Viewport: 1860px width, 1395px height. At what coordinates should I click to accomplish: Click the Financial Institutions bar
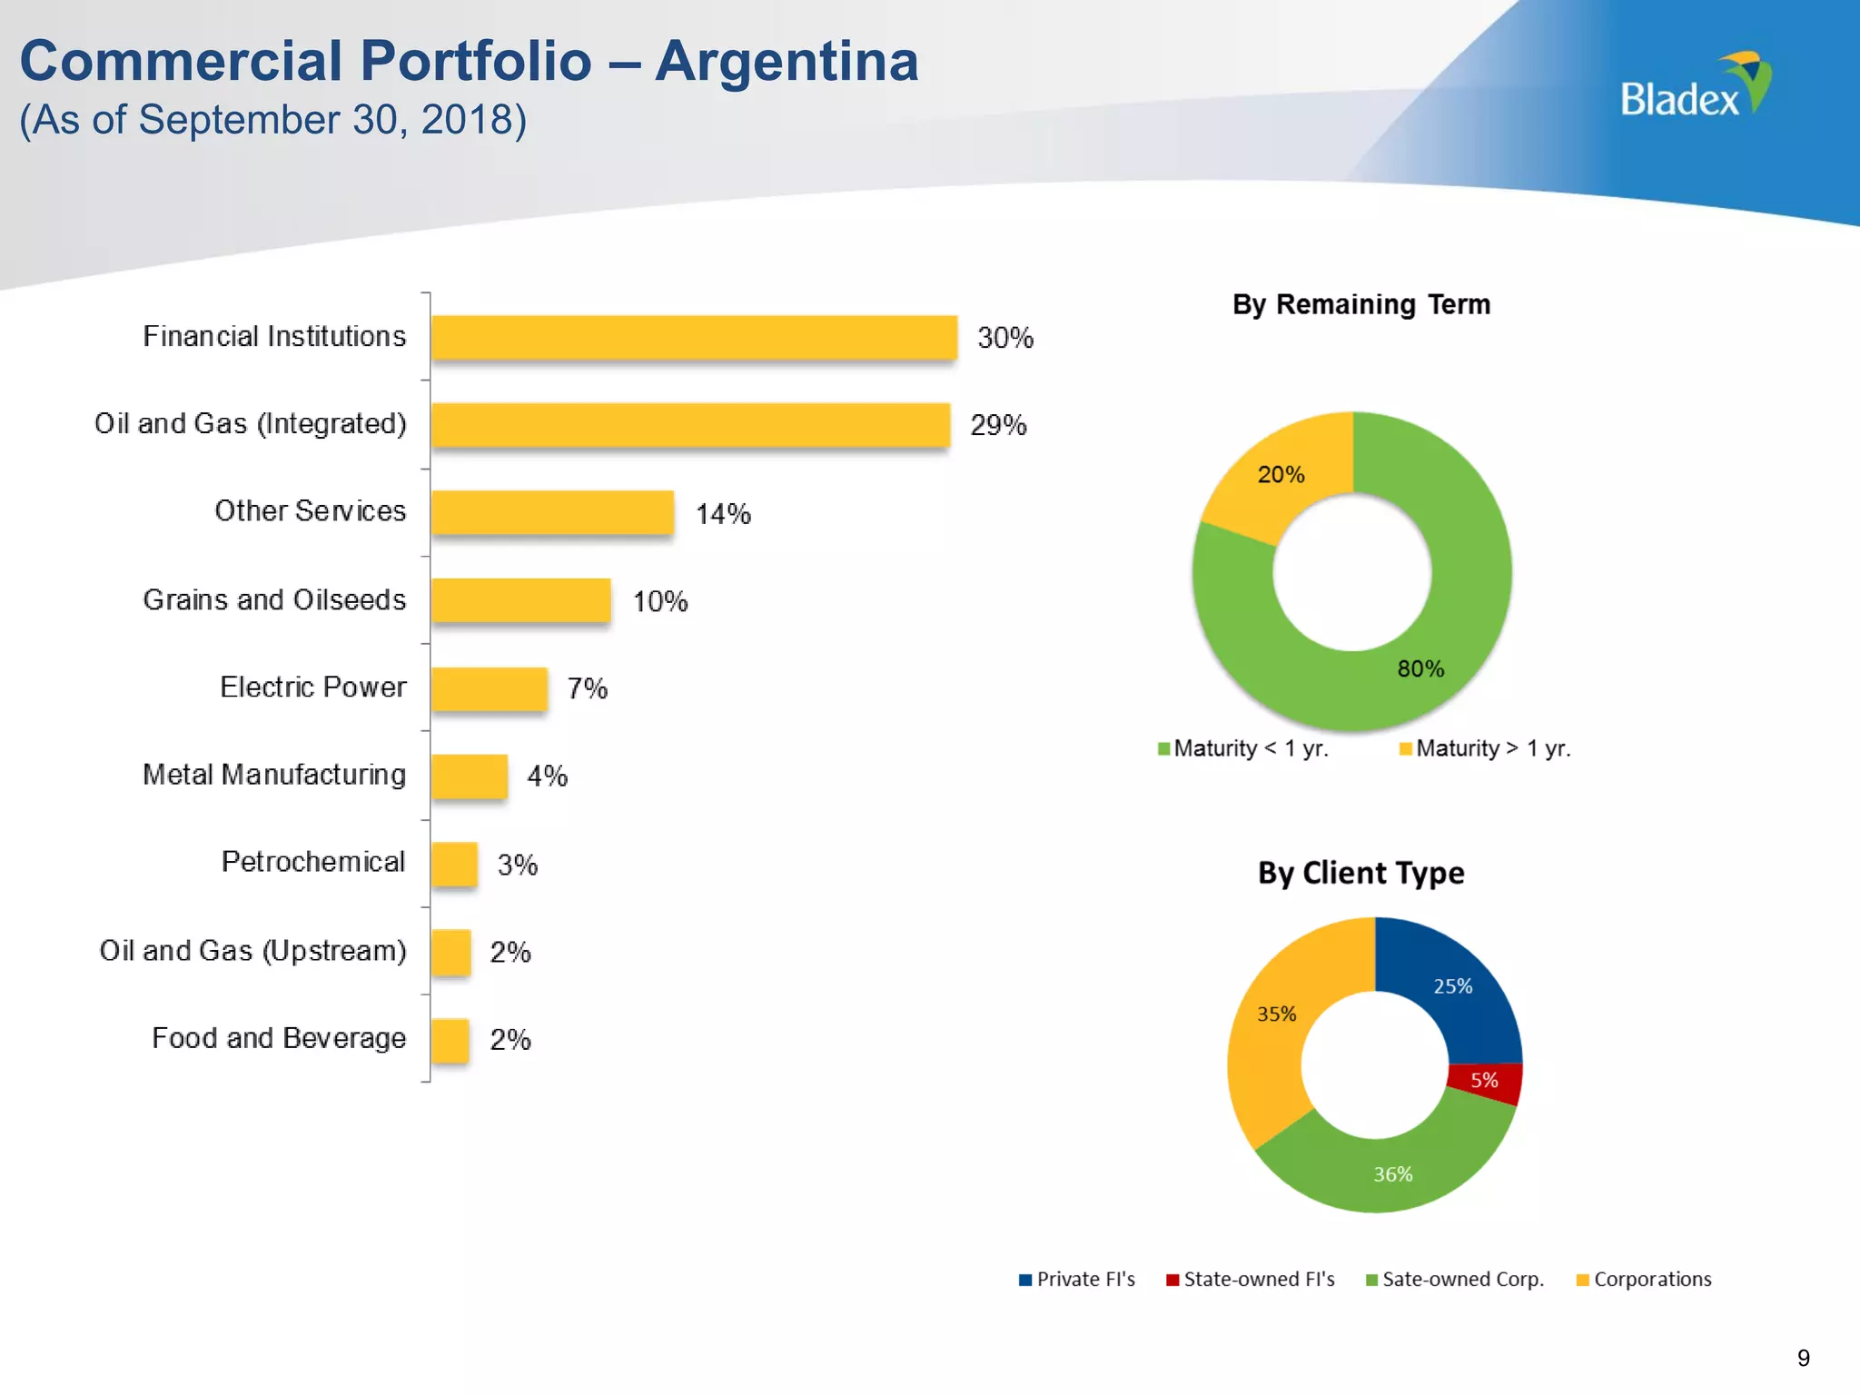(x=694, y=337)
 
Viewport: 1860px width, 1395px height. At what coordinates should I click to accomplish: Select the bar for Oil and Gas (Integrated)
(x=690, y=424)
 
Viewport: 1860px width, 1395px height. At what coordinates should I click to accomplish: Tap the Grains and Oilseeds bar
(x=520, y=600)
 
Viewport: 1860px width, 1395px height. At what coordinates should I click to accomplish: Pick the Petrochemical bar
(x=454, y=863)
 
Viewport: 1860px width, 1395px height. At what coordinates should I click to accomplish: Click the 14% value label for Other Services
(x=723, y=514)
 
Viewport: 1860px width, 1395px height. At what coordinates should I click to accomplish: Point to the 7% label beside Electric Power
(x=587, y=688)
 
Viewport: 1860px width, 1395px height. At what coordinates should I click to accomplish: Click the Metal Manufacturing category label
(x=274, y=775)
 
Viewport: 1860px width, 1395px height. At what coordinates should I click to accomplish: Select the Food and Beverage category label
(x=279, y=1038)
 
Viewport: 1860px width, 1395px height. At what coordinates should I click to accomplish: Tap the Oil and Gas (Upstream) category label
(x=252, y=951)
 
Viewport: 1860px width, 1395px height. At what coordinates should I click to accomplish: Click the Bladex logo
(x=1695, y=87)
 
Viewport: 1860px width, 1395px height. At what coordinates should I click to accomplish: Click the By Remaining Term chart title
(x=1360, y=304)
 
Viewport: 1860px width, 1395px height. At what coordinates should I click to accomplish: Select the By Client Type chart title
(x=1360, y=873)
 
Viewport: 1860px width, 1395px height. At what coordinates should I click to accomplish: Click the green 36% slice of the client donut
(x=1391, y=1173)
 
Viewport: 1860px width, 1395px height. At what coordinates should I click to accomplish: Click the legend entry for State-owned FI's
(x=1251, y=1280)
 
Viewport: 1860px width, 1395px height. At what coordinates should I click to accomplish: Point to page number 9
(x=1803, y=1358)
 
